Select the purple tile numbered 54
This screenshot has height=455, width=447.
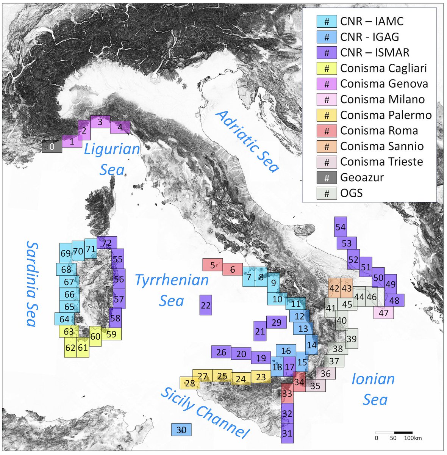[341, 227]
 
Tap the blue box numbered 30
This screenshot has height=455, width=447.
[181, 430]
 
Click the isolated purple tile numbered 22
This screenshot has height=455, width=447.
[206, 305]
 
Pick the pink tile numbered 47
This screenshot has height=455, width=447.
[383, 313]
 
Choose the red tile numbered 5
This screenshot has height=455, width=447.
[213, 265]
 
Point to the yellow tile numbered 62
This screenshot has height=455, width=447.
[70, 347]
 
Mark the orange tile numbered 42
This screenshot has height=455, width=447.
[334, 288]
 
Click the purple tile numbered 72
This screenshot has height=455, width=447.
[107, 242]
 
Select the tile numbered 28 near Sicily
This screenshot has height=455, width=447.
[190, 383]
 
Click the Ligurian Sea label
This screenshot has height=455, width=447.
[112, 159]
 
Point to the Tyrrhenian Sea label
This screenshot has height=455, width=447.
[172, 290]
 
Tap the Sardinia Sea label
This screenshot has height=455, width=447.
[31, 284]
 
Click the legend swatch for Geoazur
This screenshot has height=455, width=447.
[327, 177]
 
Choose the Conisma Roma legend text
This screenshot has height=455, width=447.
[379, 130]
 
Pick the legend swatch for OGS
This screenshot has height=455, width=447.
[327, 193]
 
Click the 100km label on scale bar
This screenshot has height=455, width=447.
[413, 438]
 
